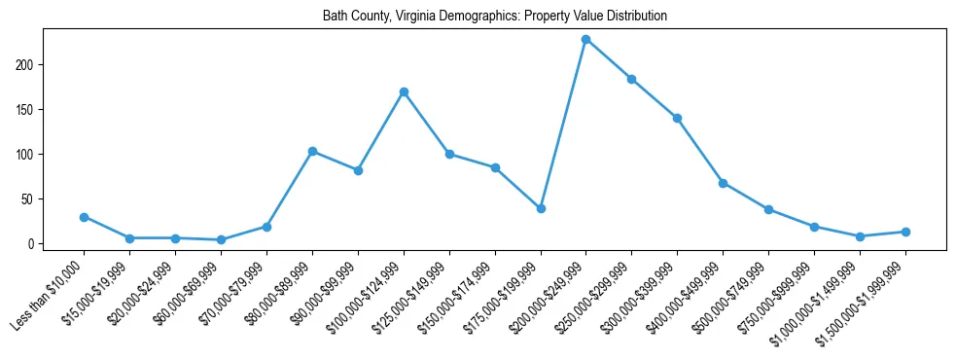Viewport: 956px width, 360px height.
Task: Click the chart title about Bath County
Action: point(495,17)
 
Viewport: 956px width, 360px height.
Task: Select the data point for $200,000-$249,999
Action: point(585,39)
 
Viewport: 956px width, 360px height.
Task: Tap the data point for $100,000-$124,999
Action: point(403,91)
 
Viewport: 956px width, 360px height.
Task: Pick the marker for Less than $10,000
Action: point(84,217)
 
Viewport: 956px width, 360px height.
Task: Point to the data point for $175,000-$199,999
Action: point(541,208)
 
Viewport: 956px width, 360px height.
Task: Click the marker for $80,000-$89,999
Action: point(312,151)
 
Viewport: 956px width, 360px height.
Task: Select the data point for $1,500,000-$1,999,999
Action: point(905,232)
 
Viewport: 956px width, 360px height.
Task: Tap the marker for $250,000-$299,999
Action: point(631,79)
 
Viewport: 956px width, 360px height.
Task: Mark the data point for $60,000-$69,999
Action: point(221,239)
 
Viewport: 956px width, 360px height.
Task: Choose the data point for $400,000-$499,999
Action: point(723,183)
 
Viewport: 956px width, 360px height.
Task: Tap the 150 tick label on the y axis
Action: point(27,109)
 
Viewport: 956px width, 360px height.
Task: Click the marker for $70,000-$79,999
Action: point(266,227)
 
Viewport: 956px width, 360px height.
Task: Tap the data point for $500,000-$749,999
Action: point(768,209)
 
